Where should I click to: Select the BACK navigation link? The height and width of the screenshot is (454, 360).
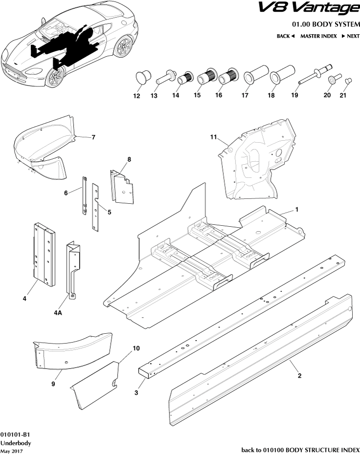(x=286, y=36)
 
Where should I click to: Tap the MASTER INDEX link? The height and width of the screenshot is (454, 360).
(x=318, y=36)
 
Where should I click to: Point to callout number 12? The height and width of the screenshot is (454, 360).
(x=137, y=96)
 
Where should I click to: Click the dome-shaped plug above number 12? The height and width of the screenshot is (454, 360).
(x=143, y=76)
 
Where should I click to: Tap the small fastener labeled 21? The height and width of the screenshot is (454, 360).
(x=349, y=79)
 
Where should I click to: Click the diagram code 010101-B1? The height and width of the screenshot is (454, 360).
(x=15, y=434)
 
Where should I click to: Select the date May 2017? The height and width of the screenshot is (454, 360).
(x=11, y=450)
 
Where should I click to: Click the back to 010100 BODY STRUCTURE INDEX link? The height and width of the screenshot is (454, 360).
(x=300, y=449)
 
